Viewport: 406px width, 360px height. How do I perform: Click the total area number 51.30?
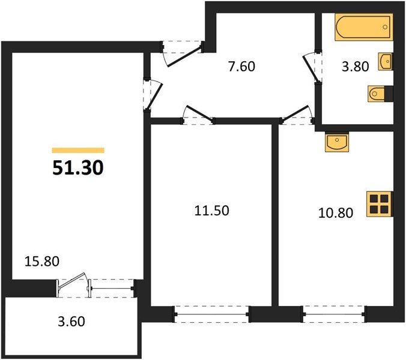tap(78, 167)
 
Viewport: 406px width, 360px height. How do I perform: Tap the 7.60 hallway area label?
tap(241, 66)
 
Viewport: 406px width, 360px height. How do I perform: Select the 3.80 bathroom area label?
tap(356, 67)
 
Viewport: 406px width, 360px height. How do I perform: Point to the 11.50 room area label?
tap(212, 211)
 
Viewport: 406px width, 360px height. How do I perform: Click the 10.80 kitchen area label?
tap(336, 213)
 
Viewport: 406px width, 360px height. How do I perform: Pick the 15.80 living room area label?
tap(42, 261)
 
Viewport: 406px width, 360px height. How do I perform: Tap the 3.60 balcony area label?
tap(71, 322)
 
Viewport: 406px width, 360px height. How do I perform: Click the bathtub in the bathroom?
tap(364, 27)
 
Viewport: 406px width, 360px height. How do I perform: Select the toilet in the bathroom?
tap(380, 94)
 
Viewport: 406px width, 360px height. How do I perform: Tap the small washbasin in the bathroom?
tap(386, 62)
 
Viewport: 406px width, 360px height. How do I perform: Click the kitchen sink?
tap(337, 142)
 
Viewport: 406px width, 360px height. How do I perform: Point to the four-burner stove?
tap(380, 204)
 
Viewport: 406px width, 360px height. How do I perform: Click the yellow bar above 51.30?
tap(78, 150)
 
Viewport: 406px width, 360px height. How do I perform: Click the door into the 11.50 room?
tap(198, 116)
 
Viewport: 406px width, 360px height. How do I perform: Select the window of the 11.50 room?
tap(212, 314)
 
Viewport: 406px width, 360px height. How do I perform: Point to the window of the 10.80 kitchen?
tap(335, 314)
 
